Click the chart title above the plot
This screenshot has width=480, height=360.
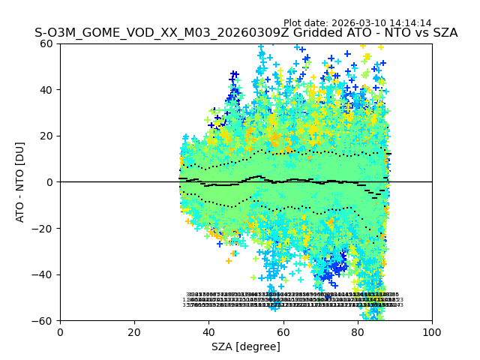click(246, 34)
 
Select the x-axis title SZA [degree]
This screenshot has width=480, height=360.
click(246, 346)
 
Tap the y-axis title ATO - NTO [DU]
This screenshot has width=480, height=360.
click(21, 181)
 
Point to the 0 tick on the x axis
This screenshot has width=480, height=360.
click(60, 332)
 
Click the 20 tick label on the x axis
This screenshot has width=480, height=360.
click(134, 332)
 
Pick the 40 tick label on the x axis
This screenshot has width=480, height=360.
click(208, 332)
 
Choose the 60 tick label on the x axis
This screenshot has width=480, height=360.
click(283, 332)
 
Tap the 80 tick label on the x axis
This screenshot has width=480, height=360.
click(357, 332)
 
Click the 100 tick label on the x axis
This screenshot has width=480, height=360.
click(431, 332)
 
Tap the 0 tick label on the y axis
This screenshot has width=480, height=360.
click(51, 182)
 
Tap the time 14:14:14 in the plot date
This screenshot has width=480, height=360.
click(412, 23)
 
